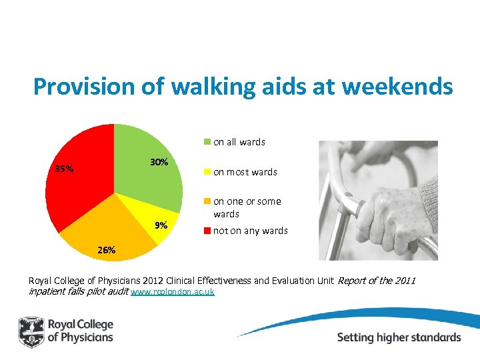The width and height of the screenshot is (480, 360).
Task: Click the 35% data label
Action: (65, 169)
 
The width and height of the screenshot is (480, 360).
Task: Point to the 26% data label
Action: (107, 250)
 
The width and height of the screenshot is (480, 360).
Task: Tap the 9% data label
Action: (161, 225)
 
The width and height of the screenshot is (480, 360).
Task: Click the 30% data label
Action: (159, 163)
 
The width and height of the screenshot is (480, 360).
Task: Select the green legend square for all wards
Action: (207, 141)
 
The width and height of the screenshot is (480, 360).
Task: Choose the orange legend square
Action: (207, 201)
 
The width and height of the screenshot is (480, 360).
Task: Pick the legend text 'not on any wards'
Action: (250, 231)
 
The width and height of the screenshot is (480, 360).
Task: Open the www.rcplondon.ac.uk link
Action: (173, 292)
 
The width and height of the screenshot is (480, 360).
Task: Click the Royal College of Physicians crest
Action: (31, 331)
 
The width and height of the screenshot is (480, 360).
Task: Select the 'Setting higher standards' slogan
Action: (399, 337)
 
